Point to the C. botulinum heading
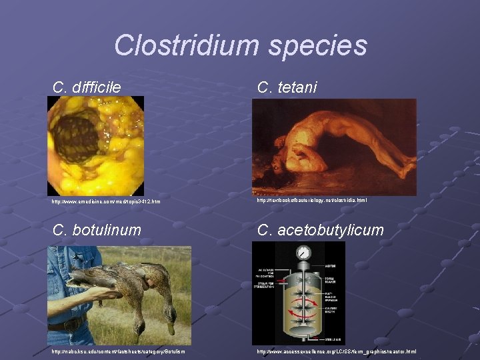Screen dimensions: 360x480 97,230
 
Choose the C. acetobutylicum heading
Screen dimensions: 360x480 321,230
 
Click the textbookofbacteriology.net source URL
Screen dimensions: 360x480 311,200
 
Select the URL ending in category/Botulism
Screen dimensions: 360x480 119,351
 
